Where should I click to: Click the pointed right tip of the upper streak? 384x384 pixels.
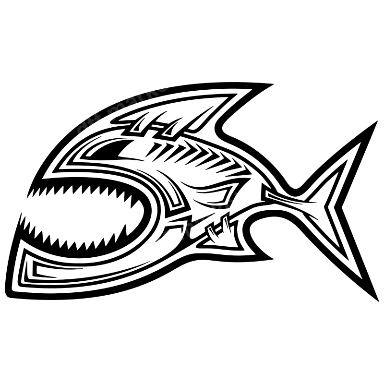click(x=178, y=83)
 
